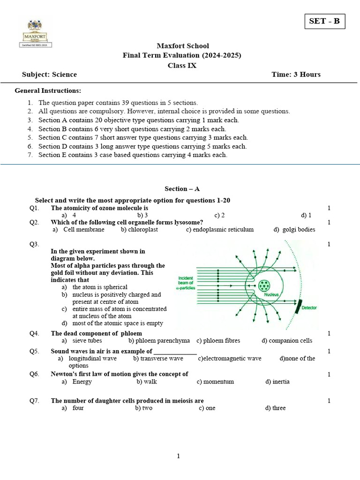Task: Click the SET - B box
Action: click(x=324, y=22)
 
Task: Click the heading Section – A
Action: click(x=182, y=189)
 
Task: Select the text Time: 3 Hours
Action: click(x=296, y=75)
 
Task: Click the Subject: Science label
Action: click(x=49, y=75)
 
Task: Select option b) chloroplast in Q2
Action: click(x=139, y=230)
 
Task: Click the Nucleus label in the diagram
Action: click(x=271, y=295)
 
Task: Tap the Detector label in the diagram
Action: click(x=309, y=308)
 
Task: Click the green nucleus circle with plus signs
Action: click(x=264, y=285)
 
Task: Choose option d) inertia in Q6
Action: click(x=277, y=382)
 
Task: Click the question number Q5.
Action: click(x=34, y=351)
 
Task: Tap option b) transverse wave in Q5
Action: click(x=158, y=359)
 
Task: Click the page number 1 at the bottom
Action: click(x=179, y=456)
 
